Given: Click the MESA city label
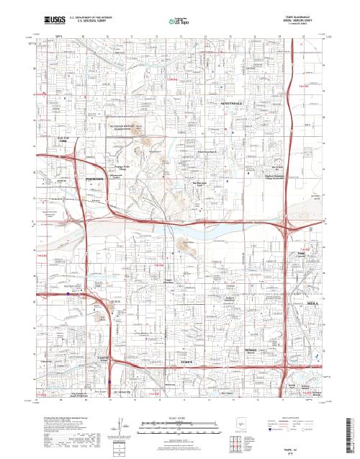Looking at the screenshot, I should [x=297, y=306].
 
